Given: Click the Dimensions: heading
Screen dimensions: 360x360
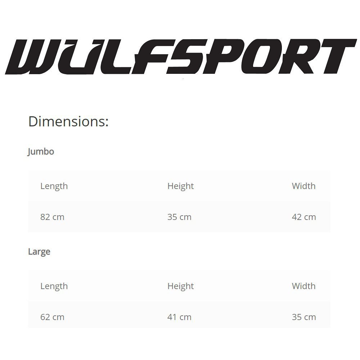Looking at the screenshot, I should pos(68,122).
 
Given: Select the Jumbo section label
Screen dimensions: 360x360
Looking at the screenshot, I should pos(41,152).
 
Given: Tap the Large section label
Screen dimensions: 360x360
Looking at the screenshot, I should pos(39,252).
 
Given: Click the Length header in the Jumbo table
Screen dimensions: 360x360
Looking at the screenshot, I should pos(54,186).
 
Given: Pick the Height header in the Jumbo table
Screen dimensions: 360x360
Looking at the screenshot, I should pos(180,186).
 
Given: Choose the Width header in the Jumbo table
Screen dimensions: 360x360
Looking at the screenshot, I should pos(303,186).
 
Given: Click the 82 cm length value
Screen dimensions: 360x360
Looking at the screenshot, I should pos(52,217).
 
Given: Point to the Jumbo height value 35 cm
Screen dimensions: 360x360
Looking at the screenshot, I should pos(179,217).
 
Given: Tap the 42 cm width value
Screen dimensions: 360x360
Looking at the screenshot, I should pos(304,217).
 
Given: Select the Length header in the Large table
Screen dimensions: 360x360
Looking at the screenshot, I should pos(54,286).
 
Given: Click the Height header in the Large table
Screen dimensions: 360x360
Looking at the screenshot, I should pos(180,286).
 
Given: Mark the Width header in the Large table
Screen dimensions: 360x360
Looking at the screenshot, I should pos(303,286).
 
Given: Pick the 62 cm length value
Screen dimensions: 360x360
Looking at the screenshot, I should pos(52,317).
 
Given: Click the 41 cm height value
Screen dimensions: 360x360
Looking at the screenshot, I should pos(179,317).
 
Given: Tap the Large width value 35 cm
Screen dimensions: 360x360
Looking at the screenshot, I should pos(304,317).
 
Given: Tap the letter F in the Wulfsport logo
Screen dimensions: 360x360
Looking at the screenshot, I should pos(153,57).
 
